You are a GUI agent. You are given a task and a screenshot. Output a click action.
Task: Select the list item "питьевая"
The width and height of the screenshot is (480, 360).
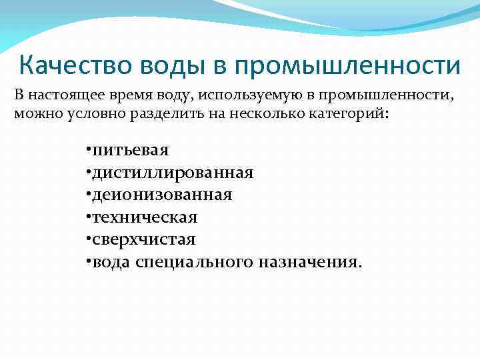[131, 151]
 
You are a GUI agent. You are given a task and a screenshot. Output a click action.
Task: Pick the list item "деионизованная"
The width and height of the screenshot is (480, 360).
[162, 195]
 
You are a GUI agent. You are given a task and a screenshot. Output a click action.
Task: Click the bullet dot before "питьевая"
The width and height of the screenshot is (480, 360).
[89, 151]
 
